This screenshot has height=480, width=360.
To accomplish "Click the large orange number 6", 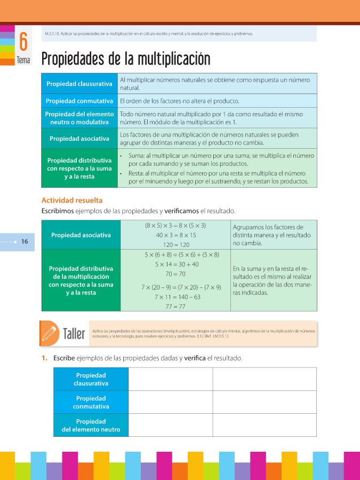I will coord(23,42).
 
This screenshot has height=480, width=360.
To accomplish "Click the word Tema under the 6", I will coord(23,60).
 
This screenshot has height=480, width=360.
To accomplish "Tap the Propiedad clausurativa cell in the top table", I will coord(79,84).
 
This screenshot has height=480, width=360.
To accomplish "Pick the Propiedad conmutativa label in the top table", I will coord(79,101).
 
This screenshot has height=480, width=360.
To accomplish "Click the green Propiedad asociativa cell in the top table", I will coord(79,139).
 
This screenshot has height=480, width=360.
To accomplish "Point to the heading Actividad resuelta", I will coord(72,201).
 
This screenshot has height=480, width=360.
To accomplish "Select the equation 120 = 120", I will coord(176,244).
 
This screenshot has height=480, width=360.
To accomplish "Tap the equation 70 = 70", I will coord(175,274).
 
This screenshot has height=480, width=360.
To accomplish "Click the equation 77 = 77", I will coord(175,306).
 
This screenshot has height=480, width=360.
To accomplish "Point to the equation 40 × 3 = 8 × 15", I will coord(176,235).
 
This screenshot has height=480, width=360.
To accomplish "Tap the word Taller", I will coord(74,334).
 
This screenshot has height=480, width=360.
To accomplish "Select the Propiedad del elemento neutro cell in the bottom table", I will coord(91,425).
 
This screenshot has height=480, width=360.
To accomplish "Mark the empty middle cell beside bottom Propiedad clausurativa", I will coord(171,379).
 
